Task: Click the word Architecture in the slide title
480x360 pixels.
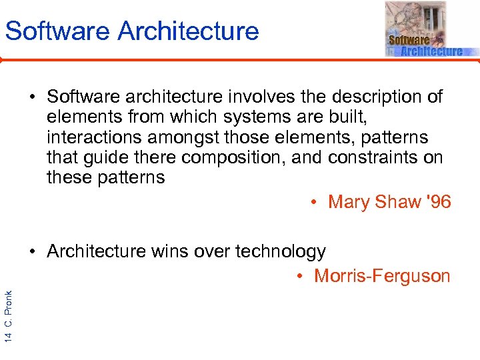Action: pos(187,31)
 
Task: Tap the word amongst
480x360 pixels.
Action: pos(189,137)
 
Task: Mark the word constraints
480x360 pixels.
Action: pos(376,157)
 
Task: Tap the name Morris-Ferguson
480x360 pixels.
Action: pos(382,276)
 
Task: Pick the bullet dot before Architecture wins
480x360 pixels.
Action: pos(33,252)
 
